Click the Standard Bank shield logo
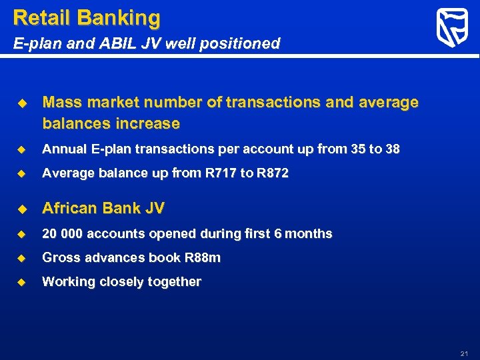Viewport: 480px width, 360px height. click(x=451, y=28)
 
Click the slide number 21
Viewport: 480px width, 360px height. click(x=465, y=353)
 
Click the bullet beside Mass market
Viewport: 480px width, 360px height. click(x=21, y=103)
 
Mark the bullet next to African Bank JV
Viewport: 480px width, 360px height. click(x=21, y=209)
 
